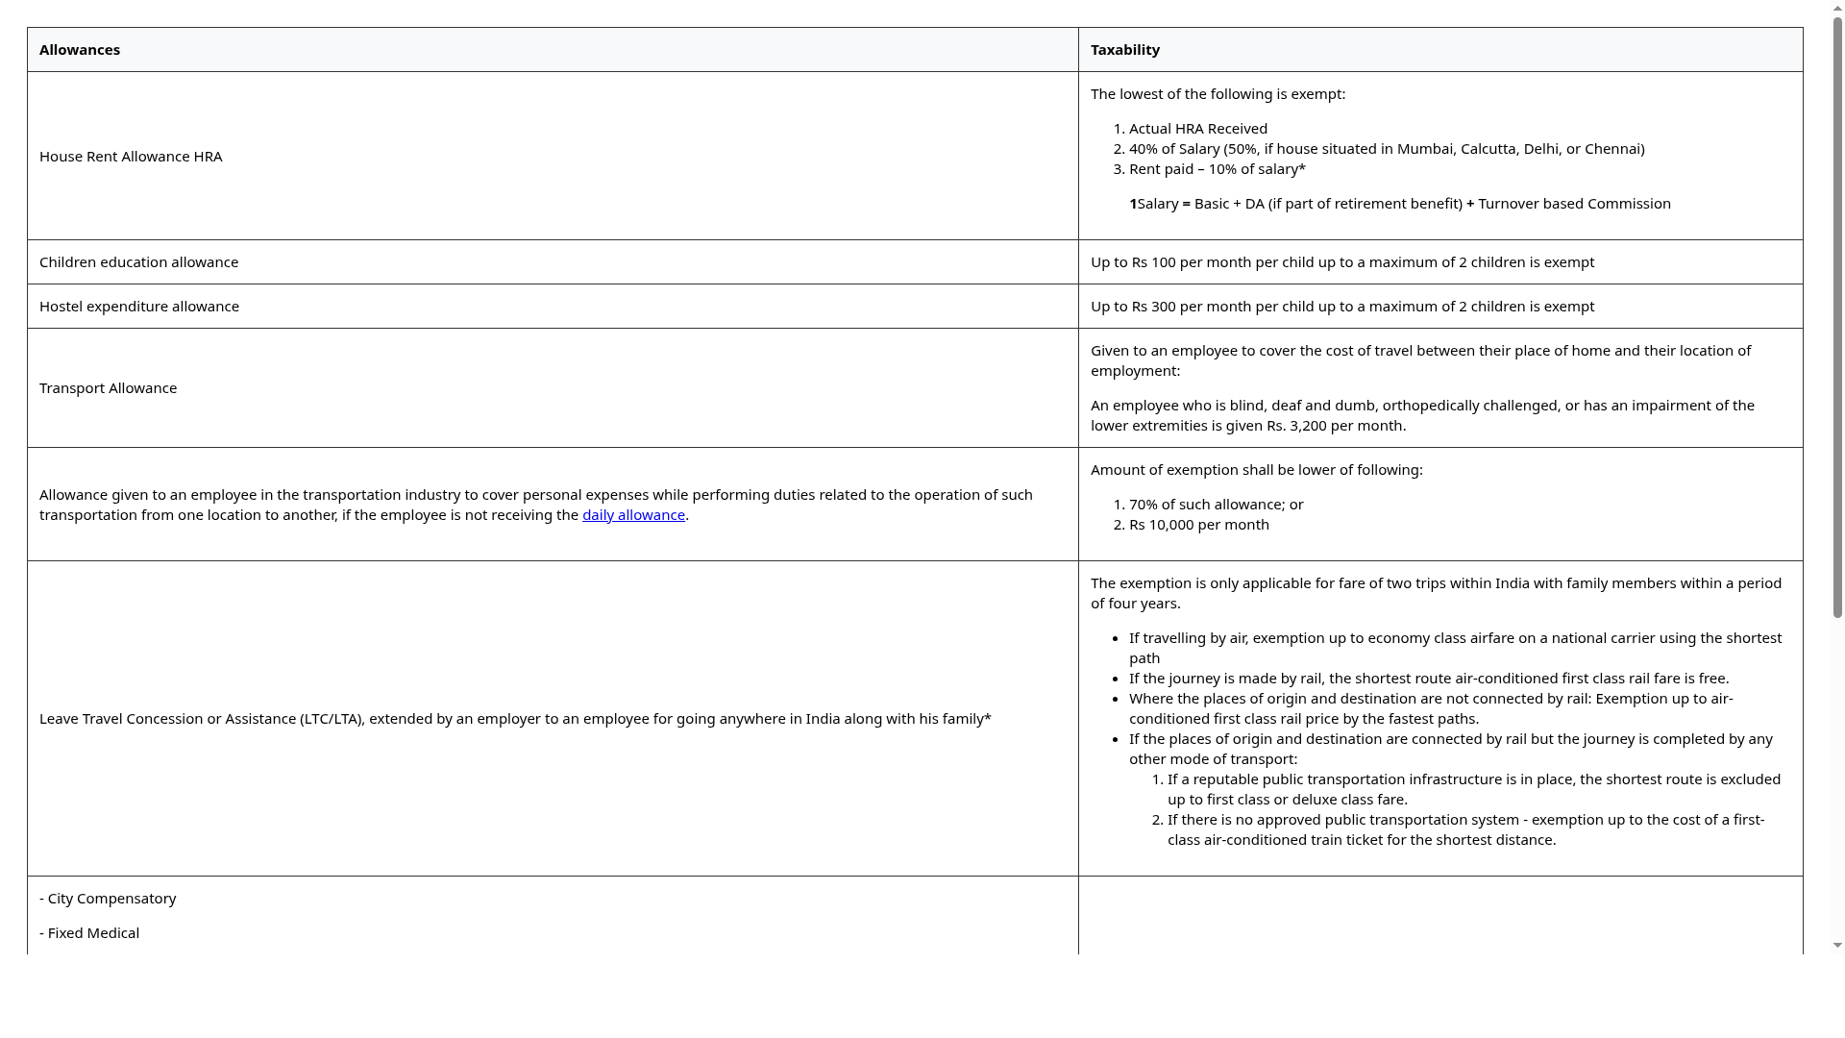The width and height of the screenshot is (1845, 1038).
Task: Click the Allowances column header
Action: click(x=80, y=50)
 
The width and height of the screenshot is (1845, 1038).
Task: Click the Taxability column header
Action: click(x=1124, y=50)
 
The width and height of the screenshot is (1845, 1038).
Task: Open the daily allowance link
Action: click(x=633, y=515)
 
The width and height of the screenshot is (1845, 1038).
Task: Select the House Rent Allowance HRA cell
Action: click(x=131, y=157)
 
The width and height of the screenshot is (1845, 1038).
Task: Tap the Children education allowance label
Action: click(x=138, y=262)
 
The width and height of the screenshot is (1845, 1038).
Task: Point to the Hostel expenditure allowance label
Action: click(x=139, y=307)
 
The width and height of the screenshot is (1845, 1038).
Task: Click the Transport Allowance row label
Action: click(x=108, y=388)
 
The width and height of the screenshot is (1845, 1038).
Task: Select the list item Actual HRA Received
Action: click(x=1197, y=129)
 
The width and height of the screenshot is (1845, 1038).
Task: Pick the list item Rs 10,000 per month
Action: click(x=1198, y=525)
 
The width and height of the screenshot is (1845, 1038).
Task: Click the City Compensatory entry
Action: click(x=111, y=899)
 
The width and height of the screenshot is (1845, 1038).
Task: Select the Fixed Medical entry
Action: click(x=93, y=933)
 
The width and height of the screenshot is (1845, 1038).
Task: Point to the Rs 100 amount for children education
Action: click(x=1153, y=262)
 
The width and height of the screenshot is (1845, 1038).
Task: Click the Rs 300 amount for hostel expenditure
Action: click(x=1153, y=307)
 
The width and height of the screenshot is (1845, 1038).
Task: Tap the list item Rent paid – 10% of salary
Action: click(x=1217, y=169)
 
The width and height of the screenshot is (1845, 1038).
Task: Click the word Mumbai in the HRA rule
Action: click(x=1424, y=149)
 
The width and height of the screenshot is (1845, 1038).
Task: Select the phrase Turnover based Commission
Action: click(x=1574, y=204)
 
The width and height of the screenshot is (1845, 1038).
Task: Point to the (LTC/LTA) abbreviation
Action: click(x=331, y=719)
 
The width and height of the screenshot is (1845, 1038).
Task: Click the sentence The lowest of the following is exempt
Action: click(x=1218, y=94)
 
